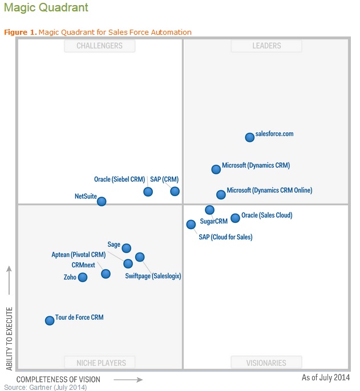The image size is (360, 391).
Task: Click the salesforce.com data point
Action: click(x=249, y=137)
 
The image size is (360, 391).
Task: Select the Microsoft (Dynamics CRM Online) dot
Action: click(x=221, y=194)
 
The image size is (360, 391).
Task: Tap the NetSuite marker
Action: click(x=101, y=201)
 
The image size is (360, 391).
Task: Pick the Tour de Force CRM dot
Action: click(x=50, y=320)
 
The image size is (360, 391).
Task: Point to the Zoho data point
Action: click(x=83, y=277)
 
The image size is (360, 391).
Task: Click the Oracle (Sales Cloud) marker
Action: click(x=235, y=218)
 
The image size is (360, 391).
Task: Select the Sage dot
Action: click(x=127, y=248)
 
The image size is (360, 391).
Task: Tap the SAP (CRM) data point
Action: click(x=175, y=191)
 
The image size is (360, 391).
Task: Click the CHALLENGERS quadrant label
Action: click(x=100, y=46)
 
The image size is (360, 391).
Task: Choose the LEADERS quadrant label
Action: click(x=266, y=46)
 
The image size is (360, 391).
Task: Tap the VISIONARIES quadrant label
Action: click(x=267, y=363)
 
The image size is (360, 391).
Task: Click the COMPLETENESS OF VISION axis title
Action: click(x=58, y=380)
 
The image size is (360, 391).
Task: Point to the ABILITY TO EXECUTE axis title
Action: click(x=9, y=339)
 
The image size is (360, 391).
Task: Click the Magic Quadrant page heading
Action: click(x=46, y=8)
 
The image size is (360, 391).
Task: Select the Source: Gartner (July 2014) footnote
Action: click(x=46, y=388)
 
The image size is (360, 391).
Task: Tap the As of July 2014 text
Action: click(x=326, y=378)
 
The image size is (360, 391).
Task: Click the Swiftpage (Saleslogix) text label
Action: click(x=153, y=276)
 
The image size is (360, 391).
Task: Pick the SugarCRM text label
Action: click(x=213, y=222)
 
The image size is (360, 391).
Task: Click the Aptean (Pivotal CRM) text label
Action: click(x=78, y=255)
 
